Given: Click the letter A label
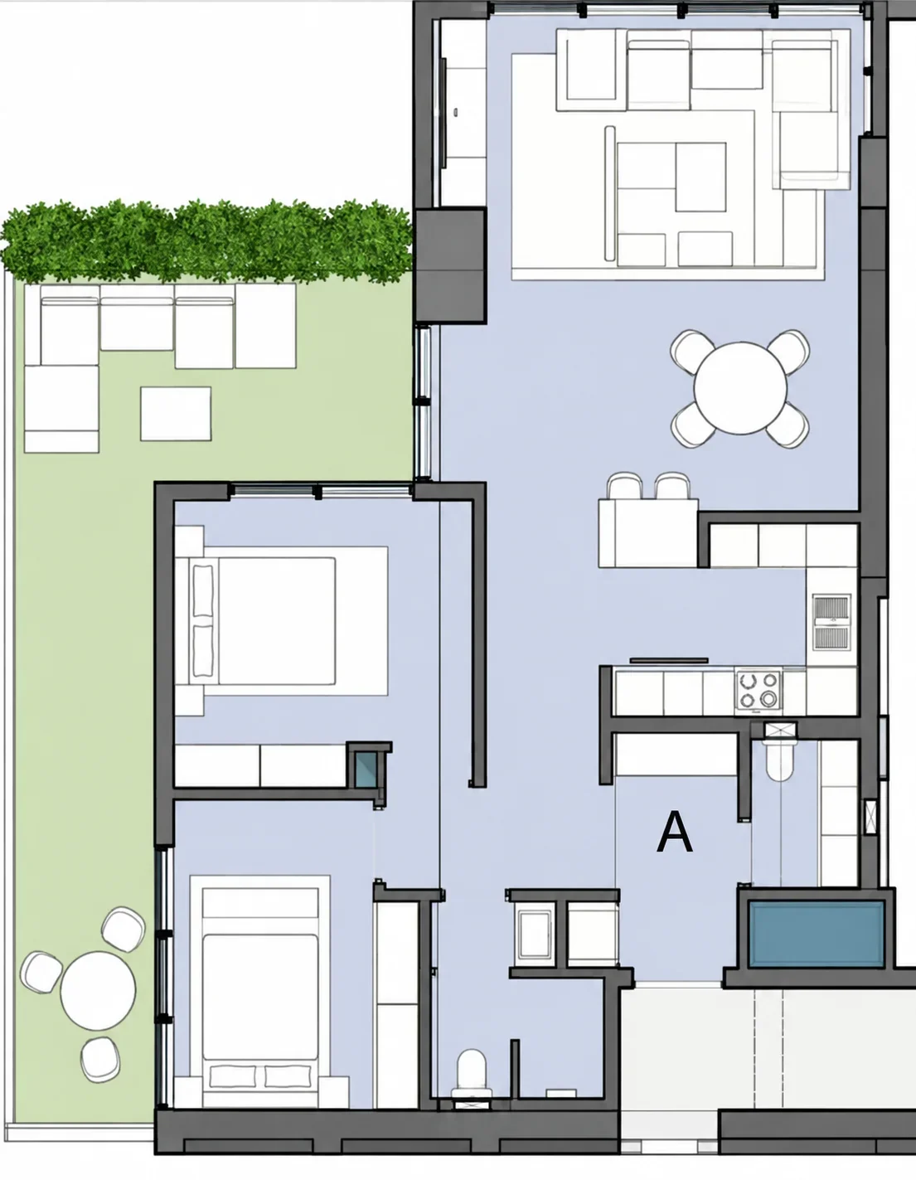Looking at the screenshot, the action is (675, 833).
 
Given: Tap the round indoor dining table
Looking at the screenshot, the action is (740, 388).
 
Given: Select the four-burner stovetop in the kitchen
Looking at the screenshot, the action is (758, 692).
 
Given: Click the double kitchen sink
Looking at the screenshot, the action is (831, 622).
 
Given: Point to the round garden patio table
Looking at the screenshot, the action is (98, 990).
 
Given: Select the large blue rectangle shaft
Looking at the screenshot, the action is (817, 934).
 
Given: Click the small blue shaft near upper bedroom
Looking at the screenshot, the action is (365, 769).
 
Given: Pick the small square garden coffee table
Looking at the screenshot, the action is (176, 414).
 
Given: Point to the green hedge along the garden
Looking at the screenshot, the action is (206, 241).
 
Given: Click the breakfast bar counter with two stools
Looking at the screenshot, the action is (648, 533).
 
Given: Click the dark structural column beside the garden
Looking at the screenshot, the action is (449, 265).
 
